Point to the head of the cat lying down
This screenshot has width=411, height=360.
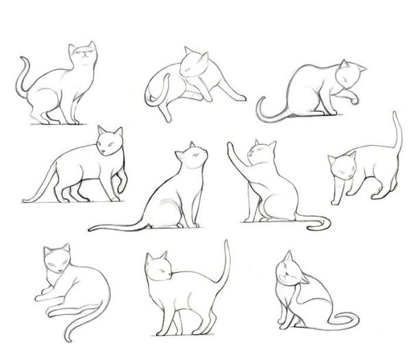(x=55, y=259)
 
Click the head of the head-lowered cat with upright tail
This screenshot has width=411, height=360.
(x=340, y=167)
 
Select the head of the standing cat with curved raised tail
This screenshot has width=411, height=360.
(x=159, y=267)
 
